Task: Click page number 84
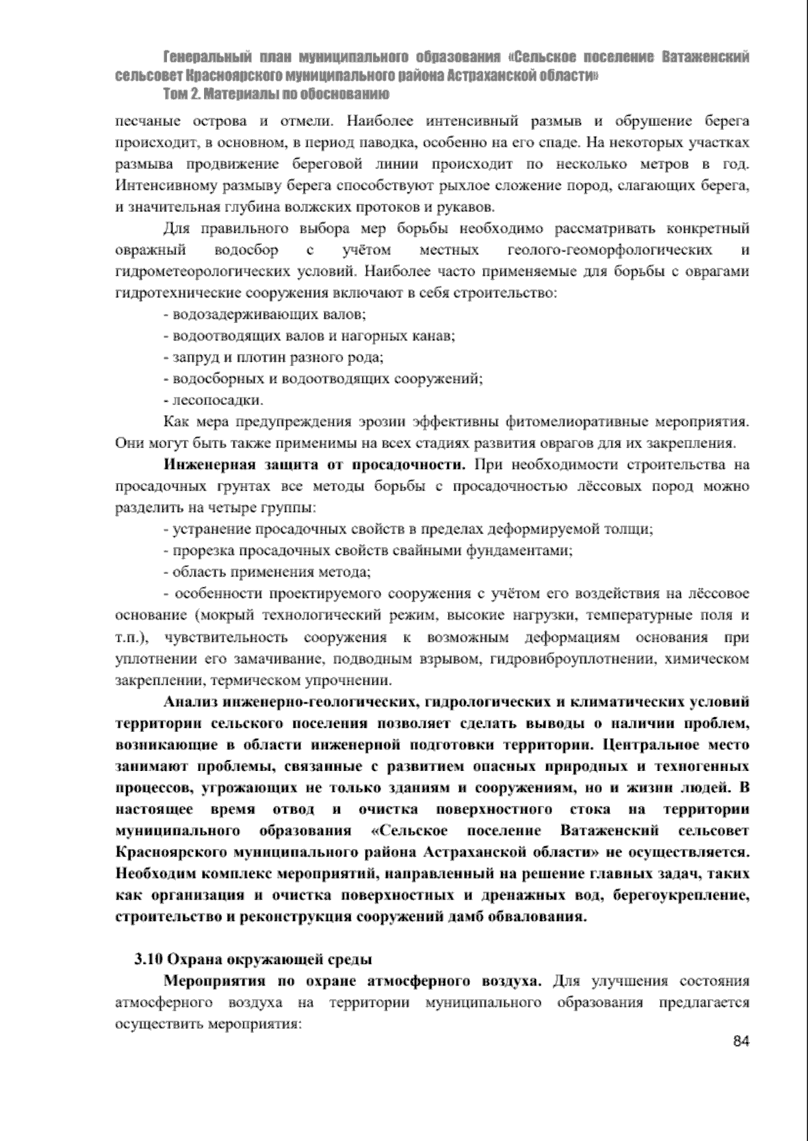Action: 741,1041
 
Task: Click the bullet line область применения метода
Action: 267,573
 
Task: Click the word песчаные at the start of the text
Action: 144,122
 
